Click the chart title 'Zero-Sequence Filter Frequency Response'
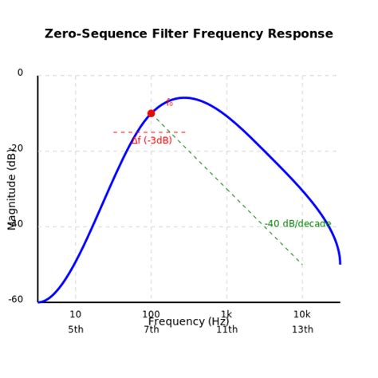point(189,34)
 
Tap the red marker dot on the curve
point(151,113)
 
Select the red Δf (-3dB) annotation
point(152,141)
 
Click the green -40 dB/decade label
point(297,224)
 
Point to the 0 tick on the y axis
point(20,73)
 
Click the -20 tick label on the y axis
point(17,148)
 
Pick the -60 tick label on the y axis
point(16,300)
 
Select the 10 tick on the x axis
point(75,314)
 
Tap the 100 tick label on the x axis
point(151,314)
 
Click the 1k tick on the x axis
point(226,314)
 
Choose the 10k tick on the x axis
point(302,314)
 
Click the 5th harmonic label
point(76,330)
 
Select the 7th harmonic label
point(151,330)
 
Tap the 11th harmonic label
point(226,330)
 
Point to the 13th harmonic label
point(302,330)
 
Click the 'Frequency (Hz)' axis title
point(188,322)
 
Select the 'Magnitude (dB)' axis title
point(12,188)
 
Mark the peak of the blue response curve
point(184,97)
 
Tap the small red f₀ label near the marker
point(169,103)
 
